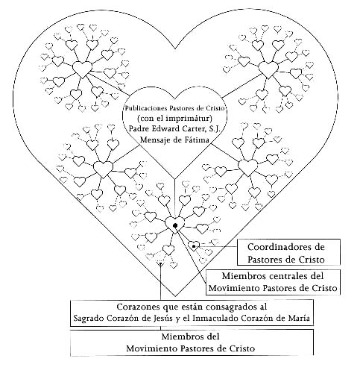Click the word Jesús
pyautogui.click(x=162, y=318)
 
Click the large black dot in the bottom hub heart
pyautogui.click(x=175, y=225)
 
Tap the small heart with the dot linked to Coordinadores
pyautogui.click(x=194, y=245)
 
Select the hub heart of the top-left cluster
pyautogui.click(x=82, y=69)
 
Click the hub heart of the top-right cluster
pyautogui.click(x=268, y=69)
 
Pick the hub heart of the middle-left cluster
pyautogui.click(x=103, y=169)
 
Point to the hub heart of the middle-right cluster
pyautogui.click(x=248, y=167)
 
